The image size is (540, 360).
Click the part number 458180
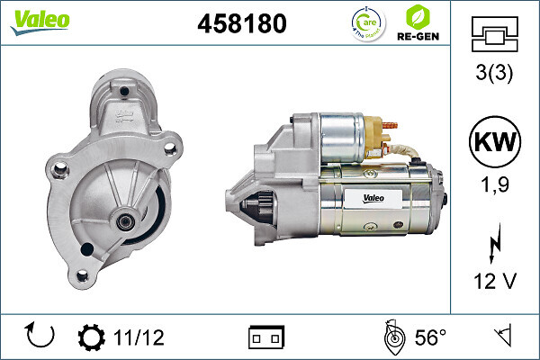[x=241, y=24]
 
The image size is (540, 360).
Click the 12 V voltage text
[x=494, y=282]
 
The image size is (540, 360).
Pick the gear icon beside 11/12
[x=92, y=337]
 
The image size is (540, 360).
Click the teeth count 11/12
[x=139, y=337]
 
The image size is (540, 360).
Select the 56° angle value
[x=430, y=337]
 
